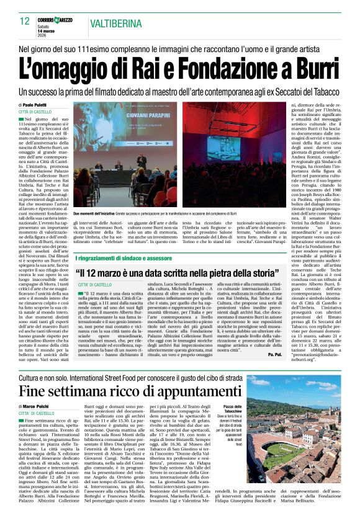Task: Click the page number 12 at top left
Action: click(x=24, y=20)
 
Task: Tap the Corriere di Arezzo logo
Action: click(x=60, y=19)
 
